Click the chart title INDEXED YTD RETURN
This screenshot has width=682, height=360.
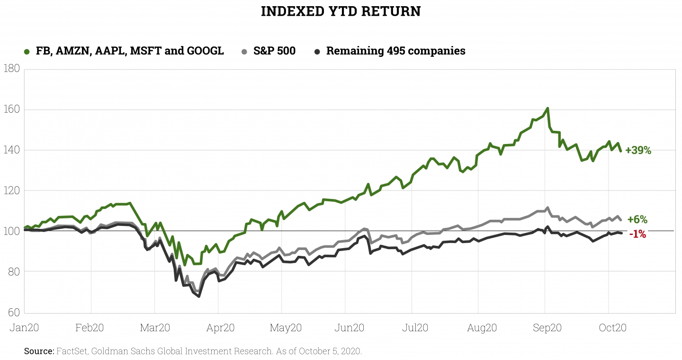tap(341, 11)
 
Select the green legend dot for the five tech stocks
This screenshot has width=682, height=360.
tap(27, 51)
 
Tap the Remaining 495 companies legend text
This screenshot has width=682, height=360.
tap(395, 51)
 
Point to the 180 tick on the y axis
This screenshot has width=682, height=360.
tap(11, 69)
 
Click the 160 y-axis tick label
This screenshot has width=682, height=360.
tap(11, 109)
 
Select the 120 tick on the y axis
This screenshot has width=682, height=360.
tap(11, 190)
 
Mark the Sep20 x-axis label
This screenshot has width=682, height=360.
tap(547, 327)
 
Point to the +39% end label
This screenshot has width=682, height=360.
tap(638, 151)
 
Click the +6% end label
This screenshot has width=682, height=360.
tap(637, 219)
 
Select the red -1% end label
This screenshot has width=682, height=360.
tap(637, 234)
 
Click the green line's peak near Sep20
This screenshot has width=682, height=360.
tap(547, 108)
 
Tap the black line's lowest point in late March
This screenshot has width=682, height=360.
tap(199, 297)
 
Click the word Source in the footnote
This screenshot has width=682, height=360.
tap(39, 351)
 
